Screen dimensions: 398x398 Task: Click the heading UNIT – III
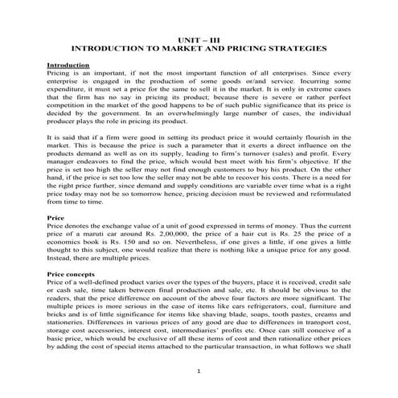(199, 39)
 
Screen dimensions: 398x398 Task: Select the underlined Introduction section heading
(68, 64)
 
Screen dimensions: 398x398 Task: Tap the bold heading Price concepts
(72, 275)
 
